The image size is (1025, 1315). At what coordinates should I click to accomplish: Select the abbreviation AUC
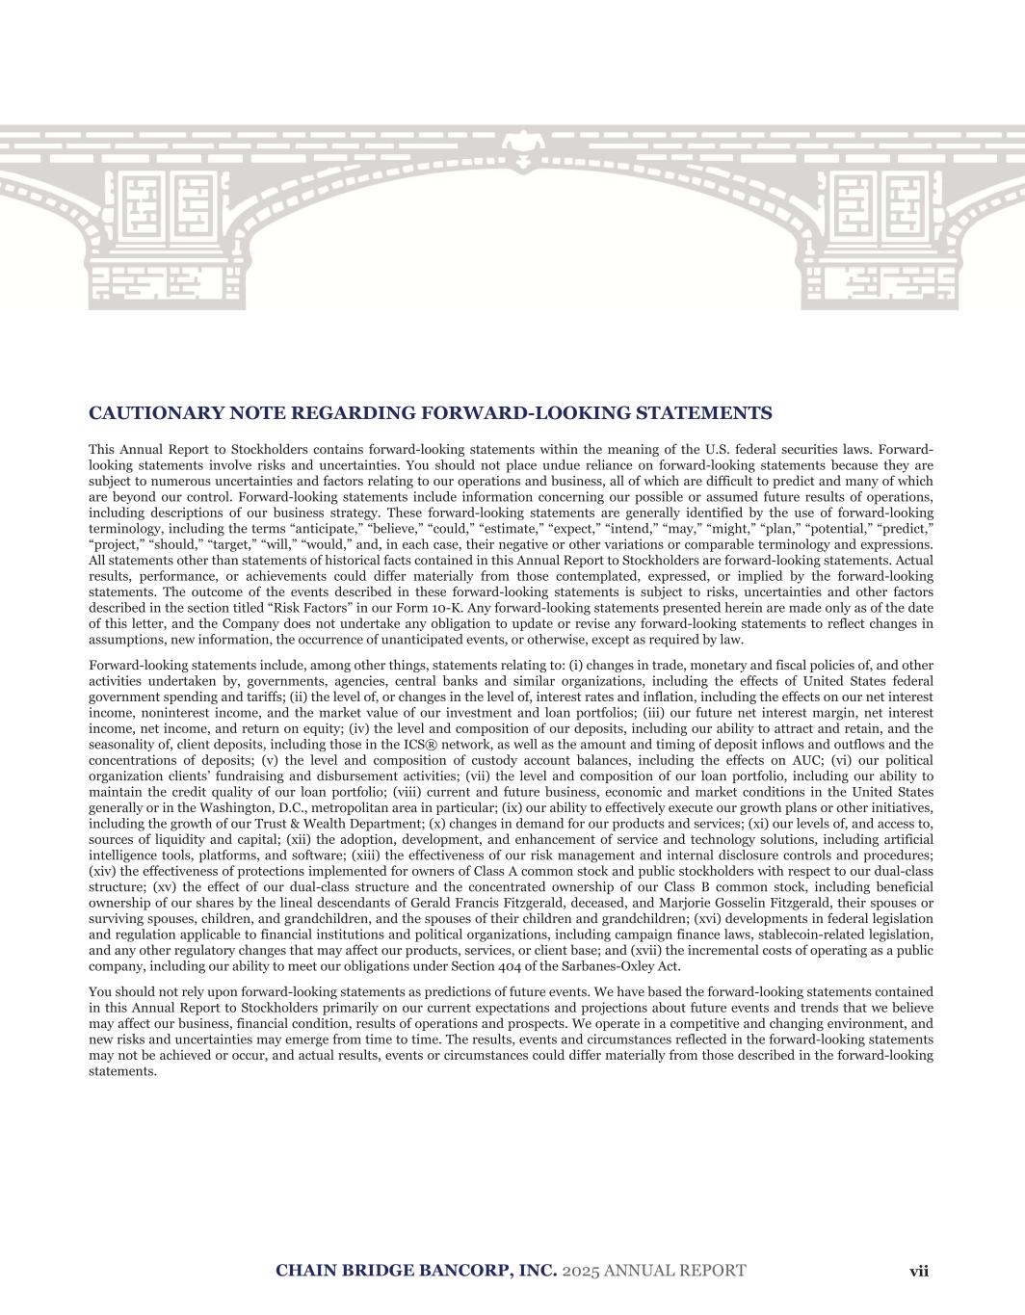807,760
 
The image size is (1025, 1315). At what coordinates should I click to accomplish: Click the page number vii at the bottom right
919,1271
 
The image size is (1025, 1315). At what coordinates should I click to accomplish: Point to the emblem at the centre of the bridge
525,145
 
